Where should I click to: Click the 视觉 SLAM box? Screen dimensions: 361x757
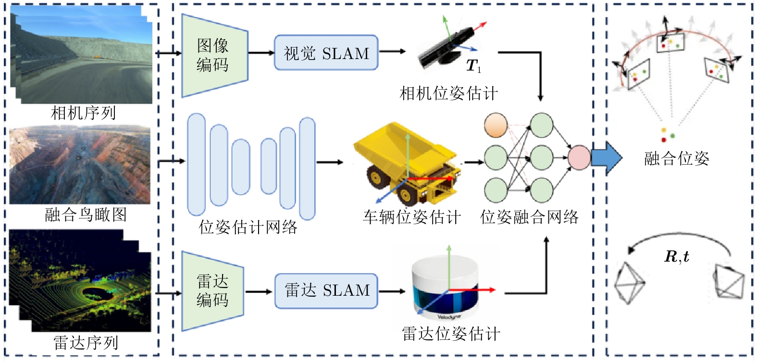pyautogui.click(x=326, y=53)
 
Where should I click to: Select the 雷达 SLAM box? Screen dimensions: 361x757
pyautogui.click(x=326, y=291)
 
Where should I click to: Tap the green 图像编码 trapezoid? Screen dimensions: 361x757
pyautogui.click(x=213, y=55)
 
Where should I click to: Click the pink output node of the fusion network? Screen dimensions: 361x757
pyautogui.click(x=579, y=157)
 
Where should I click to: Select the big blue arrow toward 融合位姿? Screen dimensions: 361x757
pyautogui.click(x=606, y=157)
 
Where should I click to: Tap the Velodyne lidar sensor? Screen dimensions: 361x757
pyautogui.click(x=445, y=288)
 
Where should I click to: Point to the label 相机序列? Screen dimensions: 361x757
pyautogui.click(x=84, y=113)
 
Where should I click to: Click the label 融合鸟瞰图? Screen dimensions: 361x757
pyautogui.click(x=86, y=215)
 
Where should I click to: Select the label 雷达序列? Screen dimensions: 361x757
pyautogui.click(x=86, y=343)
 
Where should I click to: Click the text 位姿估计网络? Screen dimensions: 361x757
pyautogui.click(x=248, y=227)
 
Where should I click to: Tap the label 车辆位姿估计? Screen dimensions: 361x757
pyautogui.click(x=411, y=217)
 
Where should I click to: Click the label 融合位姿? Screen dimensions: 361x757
pyautogui.click(x=676, y=158)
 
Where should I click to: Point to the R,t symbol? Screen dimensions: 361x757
pyautogui.click(x=677, y=257)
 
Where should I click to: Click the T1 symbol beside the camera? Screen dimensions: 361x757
pyautogui.click(x=473, y=66)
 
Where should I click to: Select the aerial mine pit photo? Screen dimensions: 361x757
pyautogui.click(x=80, y=165)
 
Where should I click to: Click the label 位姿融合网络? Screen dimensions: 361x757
pyautogui.click(x=529, y=217)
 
